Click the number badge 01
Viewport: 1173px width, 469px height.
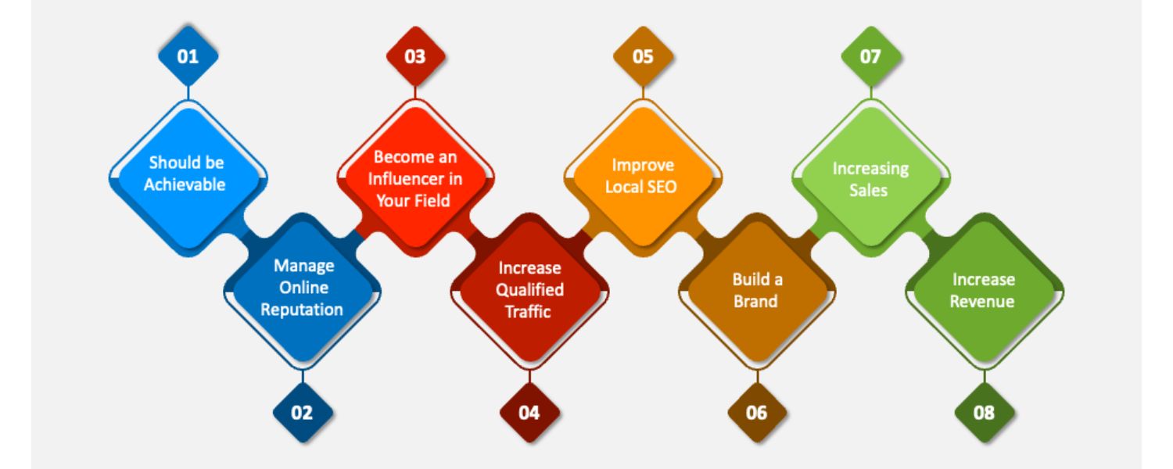coord(188,57)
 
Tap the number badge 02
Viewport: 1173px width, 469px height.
coord(302,414)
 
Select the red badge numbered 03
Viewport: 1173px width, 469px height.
coord(415,57)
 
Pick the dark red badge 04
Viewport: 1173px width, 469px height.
coord(529,414)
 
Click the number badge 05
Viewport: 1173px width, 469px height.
coord(643,57)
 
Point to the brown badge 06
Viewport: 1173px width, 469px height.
coord(756,414)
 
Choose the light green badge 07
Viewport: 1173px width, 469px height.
coord(870,57)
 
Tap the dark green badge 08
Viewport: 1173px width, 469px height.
coord(984,414)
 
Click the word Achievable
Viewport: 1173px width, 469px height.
coord(185,185)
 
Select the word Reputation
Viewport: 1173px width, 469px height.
coord(302,310)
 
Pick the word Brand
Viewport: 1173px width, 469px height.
coord(755,302)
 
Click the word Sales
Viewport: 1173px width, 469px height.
coord(869,190)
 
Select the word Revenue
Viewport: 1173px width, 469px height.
coord(982,302)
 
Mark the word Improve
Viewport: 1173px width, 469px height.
coord(643,165)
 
